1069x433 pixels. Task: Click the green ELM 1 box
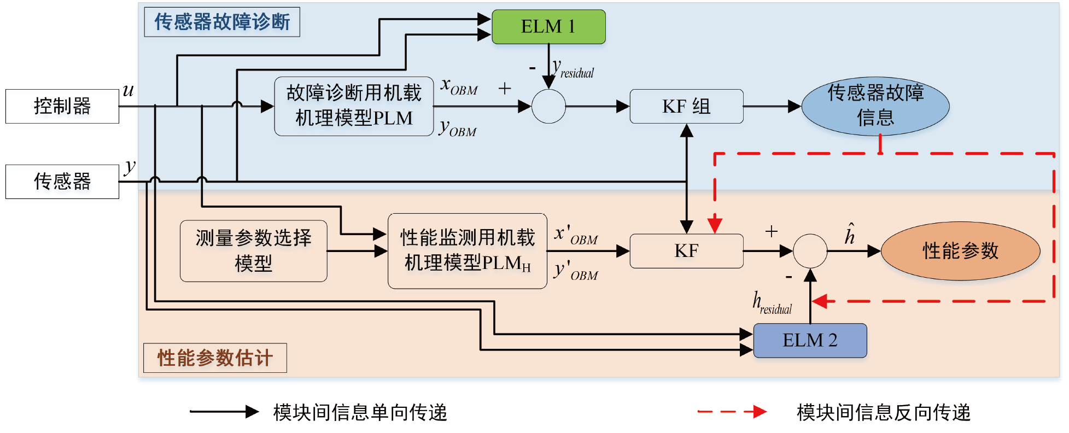tap(548, 27)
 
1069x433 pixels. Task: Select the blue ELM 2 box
tap(810, 341)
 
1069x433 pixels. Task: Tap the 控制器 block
tap(62, 106)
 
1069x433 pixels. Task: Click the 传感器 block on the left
tap(62, 182)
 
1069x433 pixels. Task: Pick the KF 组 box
tap(686, 107)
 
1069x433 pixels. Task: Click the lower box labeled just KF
tap(686, 251)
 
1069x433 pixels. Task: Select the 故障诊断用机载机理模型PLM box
tap(354, 106)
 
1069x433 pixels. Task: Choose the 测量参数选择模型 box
tap(254, 251)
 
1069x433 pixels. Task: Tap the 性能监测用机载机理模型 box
tap(467, 251)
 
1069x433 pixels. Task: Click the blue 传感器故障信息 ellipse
tap(875, 106)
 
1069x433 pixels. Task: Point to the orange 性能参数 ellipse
tap(960, 251)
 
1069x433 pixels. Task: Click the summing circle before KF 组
tap(548, 107)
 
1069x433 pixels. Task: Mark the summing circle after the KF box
tap(810, 251)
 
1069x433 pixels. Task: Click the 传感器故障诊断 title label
tap(222, 22)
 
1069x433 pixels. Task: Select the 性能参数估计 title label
tap(215, 358)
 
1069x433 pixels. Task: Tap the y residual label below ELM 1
tap(573, 69)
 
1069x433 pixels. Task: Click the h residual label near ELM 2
tap(772, 303)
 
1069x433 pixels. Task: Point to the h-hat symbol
tap(849, 234)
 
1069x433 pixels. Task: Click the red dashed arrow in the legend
tap(732, 412)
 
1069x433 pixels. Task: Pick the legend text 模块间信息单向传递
tap(360, 412)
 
